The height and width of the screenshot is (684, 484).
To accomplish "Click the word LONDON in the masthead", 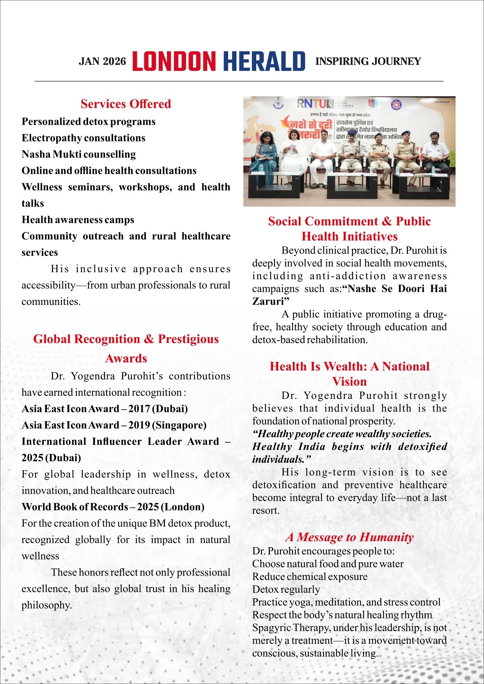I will (174, 62).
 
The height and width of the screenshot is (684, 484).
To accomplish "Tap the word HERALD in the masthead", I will (264, 62).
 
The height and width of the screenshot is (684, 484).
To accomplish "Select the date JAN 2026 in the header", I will (102, 62).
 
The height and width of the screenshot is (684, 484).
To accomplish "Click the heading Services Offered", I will (126, 104).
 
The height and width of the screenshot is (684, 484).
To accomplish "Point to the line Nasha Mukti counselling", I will (79, 154).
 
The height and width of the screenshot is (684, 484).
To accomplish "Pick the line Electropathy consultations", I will (83, 138).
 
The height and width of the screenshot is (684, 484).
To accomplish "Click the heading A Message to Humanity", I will (349, 537).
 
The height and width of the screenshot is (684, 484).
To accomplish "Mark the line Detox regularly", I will (286, 589).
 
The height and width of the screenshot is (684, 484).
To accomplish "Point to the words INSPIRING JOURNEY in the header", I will (368, 62).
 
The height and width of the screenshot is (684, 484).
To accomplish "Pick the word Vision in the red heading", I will (349, 381).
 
